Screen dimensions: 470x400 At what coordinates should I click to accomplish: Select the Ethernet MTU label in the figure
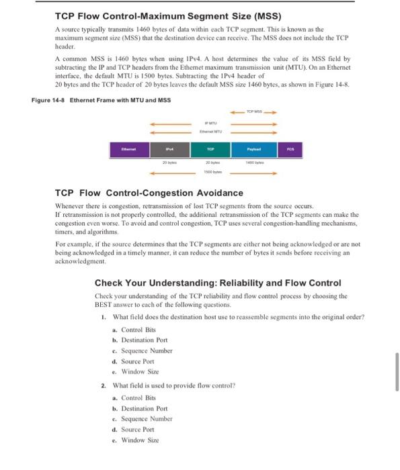pyautogui.click(x=210, y=132)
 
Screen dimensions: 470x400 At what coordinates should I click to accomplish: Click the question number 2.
pyautogui.click(x=103, y=386)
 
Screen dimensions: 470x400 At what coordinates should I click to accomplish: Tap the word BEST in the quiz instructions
pyautogui.click(x=104, y=304)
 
